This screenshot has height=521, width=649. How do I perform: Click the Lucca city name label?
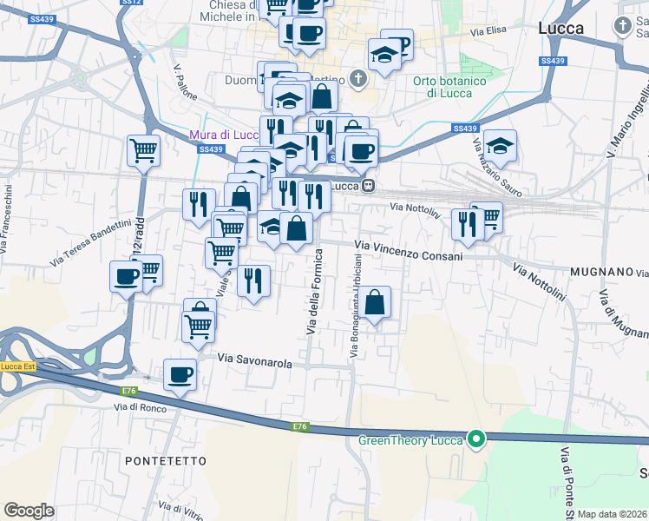[x=560, y=28]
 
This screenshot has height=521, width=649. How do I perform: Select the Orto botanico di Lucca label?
[x=442, y=87]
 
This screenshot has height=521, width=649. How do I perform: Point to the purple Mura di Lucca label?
[x=223, y=135]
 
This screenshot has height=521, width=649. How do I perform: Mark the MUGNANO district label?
[x=601, y=272]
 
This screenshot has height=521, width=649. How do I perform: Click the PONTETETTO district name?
[x=166, y=460]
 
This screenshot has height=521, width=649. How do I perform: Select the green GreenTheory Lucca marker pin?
[x=475, y=440]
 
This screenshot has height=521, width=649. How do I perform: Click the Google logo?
[x=29, y=511]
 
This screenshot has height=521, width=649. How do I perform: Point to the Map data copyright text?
[x=613, y=514]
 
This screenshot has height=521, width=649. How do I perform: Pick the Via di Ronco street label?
[x=140, y=406]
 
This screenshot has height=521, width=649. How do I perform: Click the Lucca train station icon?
[x=369, y=185]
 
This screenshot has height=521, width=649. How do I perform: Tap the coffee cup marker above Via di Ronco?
[x=180, y=374]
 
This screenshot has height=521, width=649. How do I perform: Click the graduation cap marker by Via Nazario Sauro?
[x=500, y=145]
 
